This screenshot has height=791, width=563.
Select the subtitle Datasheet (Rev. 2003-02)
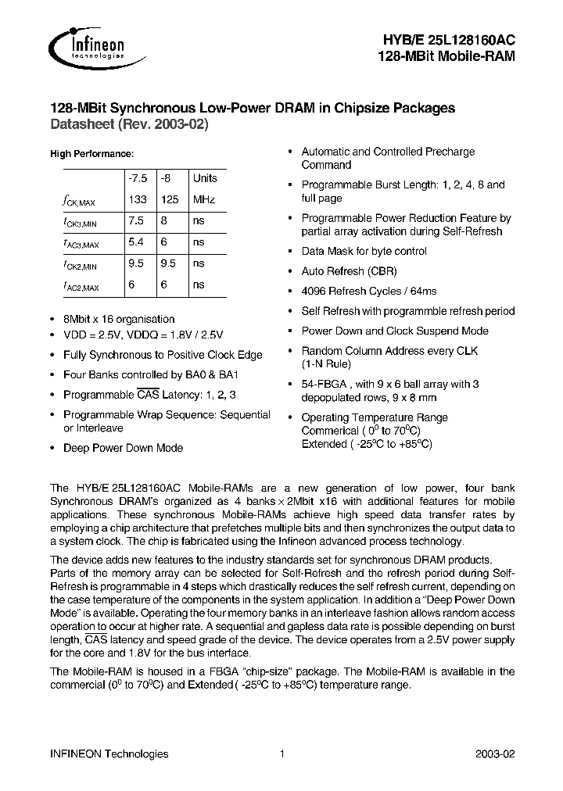point(130,124)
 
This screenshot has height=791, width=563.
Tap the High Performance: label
point(91,154)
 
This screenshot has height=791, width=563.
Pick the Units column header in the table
point(206,178)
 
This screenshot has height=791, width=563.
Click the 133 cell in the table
point(138,200)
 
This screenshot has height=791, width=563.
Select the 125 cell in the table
point(170,200)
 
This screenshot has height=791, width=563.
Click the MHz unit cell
point(204,200)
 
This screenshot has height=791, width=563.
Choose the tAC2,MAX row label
point(81,287)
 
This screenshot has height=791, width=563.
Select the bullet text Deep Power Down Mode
point(123,448)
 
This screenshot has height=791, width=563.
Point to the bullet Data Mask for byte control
point(364,251)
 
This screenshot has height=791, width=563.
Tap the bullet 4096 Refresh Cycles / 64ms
point(368,291)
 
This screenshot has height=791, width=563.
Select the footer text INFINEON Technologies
point(109,753)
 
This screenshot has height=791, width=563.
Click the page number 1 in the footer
point(281,753)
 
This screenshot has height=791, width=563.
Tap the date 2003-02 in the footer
point(495,753)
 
